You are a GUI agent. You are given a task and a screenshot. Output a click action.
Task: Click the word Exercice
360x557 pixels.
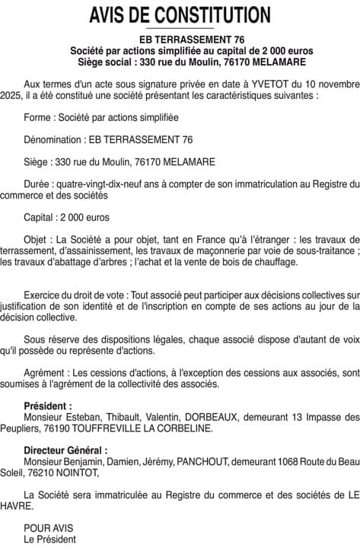pos(43,294)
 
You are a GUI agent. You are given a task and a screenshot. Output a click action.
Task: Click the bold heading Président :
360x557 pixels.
pos(48,406)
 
